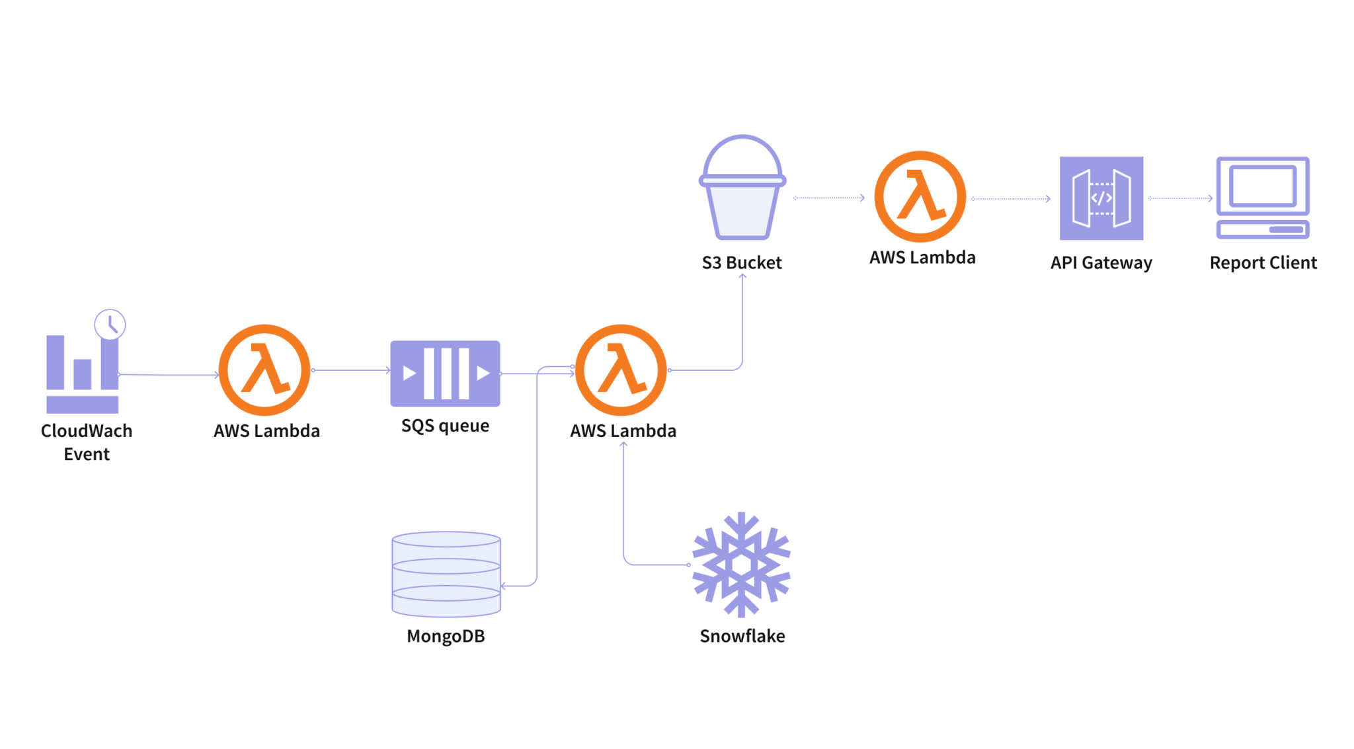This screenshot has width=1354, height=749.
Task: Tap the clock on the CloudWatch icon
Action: point(110,325)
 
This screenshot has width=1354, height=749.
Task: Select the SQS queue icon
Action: point(445,374)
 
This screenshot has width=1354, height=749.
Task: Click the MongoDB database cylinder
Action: point(446,574)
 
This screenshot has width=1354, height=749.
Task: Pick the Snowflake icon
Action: point(741,565)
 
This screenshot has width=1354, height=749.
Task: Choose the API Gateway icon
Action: point(1101,198)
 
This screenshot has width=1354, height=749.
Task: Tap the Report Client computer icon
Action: point(1263,198)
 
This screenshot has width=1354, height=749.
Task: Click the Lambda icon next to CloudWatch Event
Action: point(264,370)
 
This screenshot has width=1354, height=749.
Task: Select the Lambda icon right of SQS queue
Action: point(621,370)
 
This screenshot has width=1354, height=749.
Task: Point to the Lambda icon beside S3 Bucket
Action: point(920,196)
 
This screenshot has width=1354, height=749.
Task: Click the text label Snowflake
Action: point(742,636)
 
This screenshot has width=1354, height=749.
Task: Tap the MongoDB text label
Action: point(446,636)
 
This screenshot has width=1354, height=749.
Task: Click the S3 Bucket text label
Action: point(742,262)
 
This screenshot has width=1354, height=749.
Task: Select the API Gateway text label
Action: point(1101,262)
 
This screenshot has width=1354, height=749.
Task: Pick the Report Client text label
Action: point(1263,262)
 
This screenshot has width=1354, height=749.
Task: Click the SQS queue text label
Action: point(445,426)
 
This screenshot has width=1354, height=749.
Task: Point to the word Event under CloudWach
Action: point(87,454)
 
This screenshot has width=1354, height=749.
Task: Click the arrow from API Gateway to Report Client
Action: point(1181,198)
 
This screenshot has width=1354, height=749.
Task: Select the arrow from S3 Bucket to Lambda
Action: point(829,198)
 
